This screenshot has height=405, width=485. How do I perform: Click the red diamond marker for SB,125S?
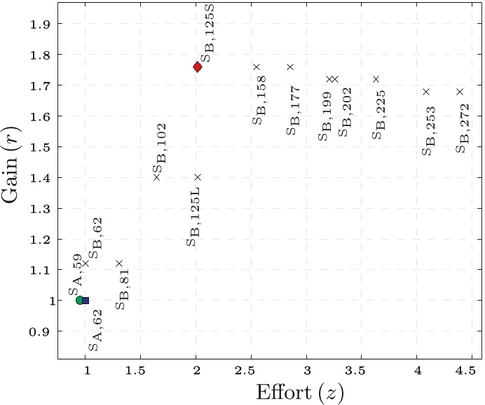(198, 67)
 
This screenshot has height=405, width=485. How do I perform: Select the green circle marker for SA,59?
(80, 300)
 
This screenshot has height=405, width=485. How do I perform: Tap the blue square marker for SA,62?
(86, 301)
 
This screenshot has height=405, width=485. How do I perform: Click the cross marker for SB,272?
(460, 92)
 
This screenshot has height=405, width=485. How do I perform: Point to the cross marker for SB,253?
(426, 92)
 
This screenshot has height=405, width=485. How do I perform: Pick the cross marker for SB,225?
(376, 79)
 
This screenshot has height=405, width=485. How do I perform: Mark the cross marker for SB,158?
(257, 67)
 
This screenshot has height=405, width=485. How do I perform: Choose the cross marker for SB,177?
(290, 67)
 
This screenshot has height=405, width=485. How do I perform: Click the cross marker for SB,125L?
(198, 177)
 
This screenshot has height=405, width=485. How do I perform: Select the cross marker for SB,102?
(156, 177)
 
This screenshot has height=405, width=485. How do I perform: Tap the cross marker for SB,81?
(119, 263)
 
